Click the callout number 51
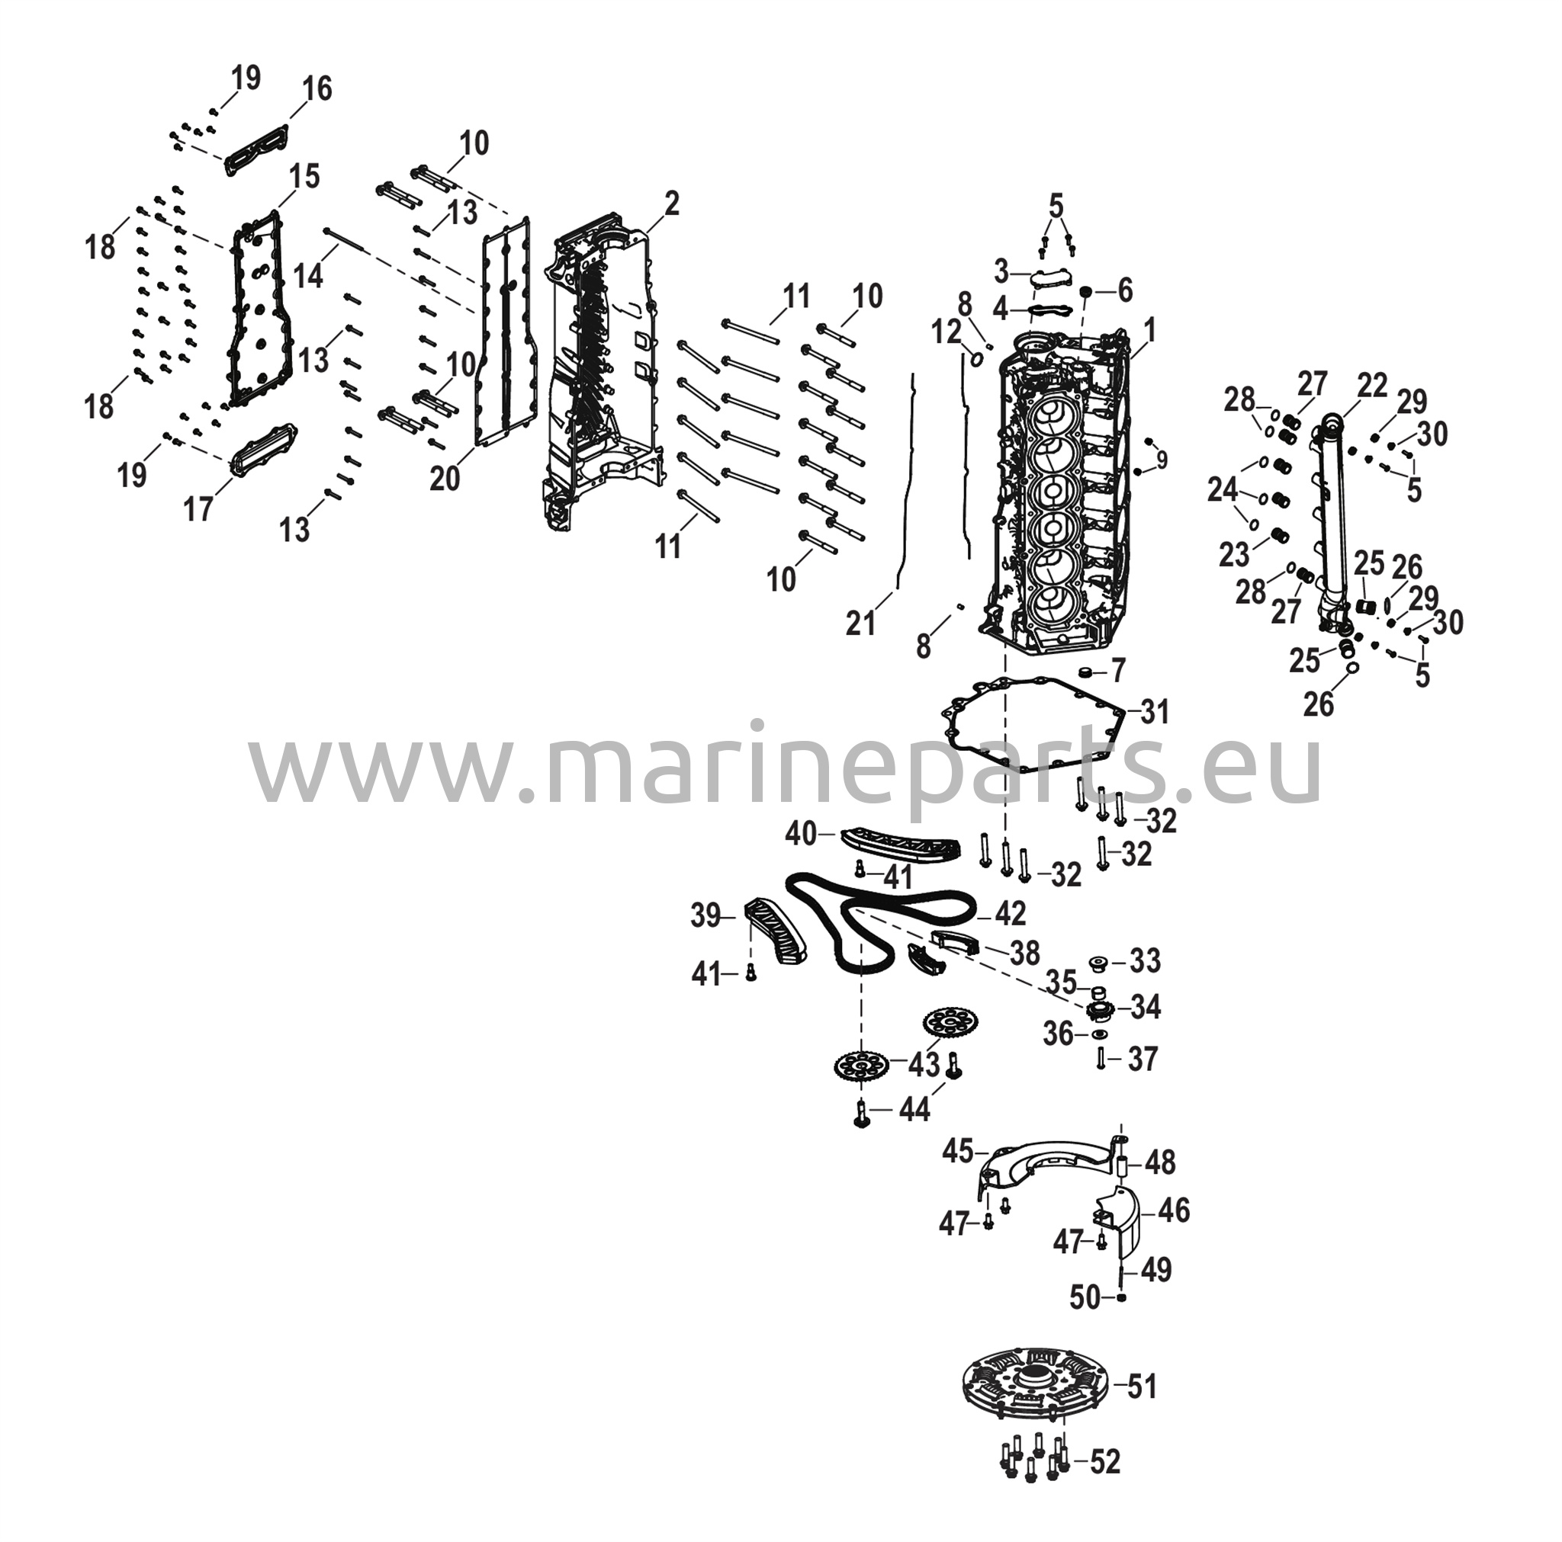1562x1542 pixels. coord(1142,1387)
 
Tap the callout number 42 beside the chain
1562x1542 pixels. coord(1010,913)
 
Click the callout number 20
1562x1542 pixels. coord(445,478)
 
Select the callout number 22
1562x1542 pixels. coord(1373,385)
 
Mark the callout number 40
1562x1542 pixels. coord(802,833)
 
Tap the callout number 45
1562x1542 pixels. coord(958,1151)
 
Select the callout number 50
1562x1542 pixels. coord(1085,1298)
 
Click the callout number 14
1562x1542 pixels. coord(309,276)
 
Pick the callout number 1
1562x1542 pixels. coord(1150,330)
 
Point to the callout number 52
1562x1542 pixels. coord(1105,1484)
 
